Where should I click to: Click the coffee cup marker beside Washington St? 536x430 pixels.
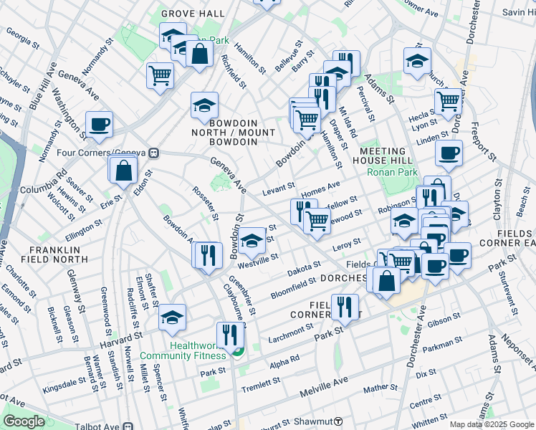[x=99, y=124]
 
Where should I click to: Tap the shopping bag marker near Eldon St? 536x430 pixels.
[x=124, y=170]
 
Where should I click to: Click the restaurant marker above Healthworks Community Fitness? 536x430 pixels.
[x=230, y=334]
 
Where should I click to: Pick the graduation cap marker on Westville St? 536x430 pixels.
[x=252, y=242]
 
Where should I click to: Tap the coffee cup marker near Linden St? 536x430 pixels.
[x=449, y=153]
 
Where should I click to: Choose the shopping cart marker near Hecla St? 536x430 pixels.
[x=448, y=101]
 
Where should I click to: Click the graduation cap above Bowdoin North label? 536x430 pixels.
[x=204, y=105]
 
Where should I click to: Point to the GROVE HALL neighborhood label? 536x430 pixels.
[x=188, y=14]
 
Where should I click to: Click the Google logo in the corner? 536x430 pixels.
[x=24, y=421]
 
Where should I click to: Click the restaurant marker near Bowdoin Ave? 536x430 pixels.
[x=207, y=254]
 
